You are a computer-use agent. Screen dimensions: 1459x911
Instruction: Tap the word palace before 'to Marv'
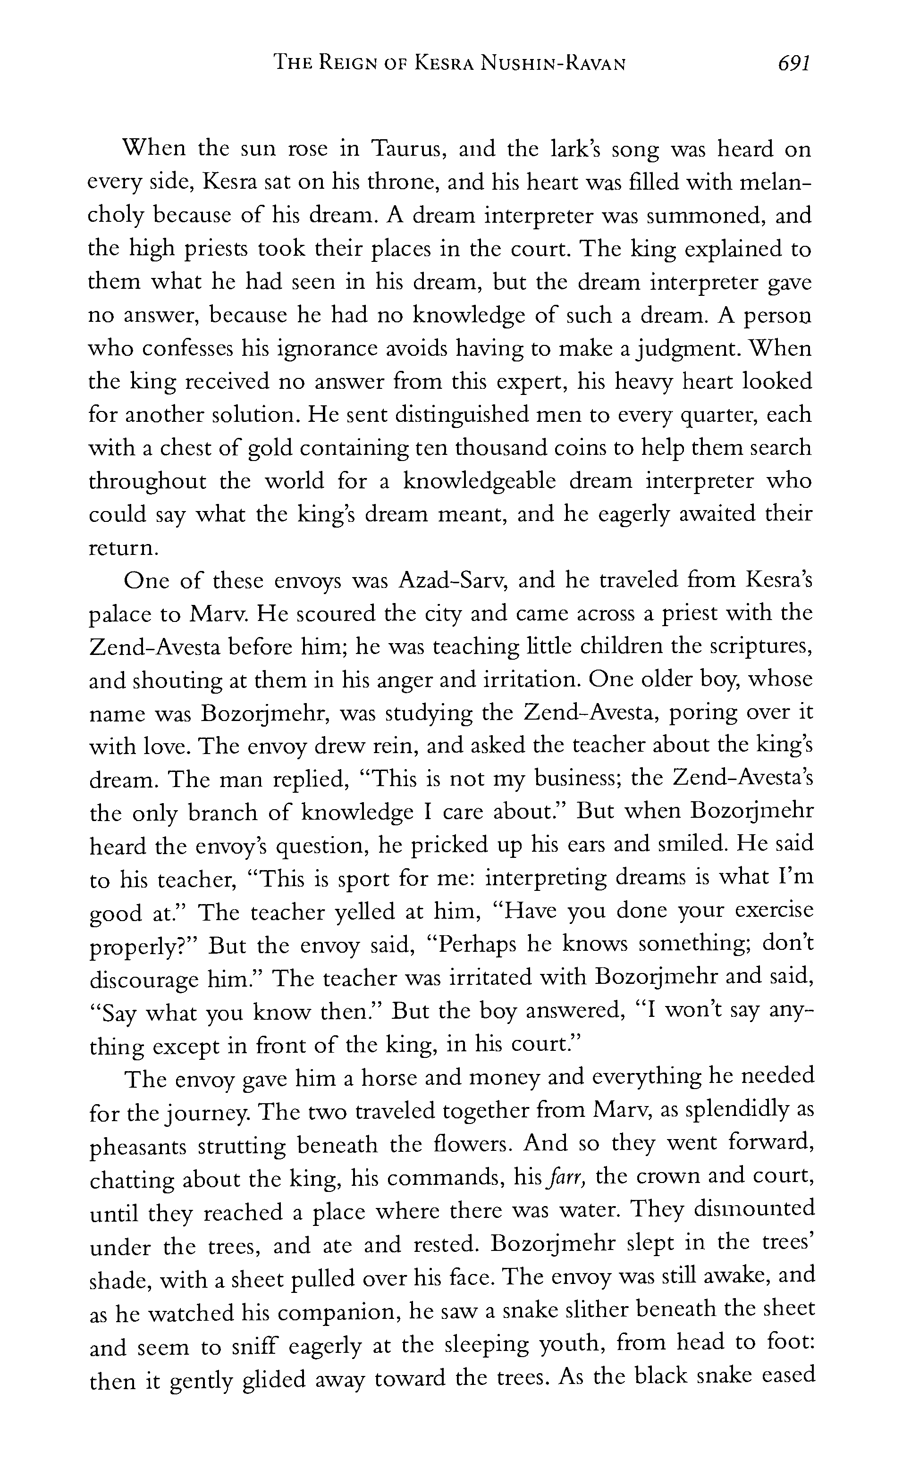118,615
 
